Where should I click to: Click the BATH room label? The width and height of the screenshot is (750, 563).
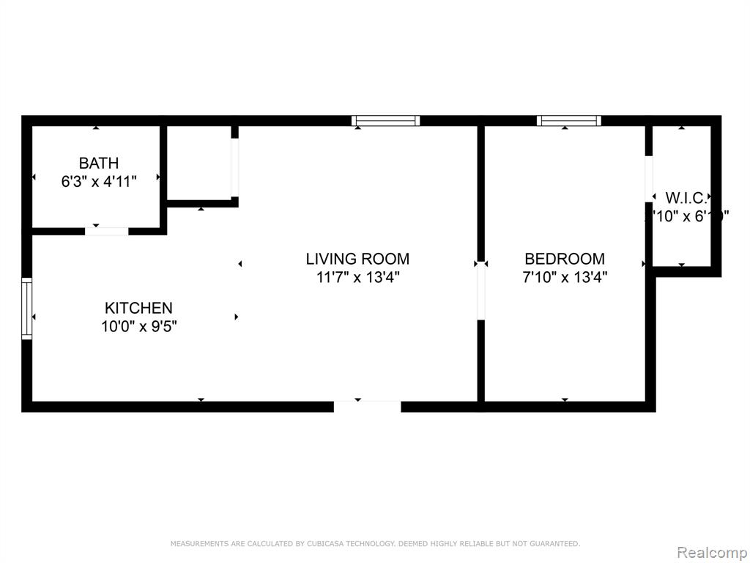(98, 163)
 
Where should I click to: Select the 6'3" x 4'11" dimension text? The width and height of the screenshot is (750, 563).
(98, 181)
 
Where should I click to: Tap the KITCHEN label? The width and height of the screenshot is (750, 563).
(138, 308)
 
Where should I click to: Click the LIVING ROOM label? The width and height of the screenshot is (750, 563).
(357, 259)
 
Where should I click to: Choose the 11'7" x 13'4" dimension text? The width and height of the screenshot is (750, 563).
(357, 277)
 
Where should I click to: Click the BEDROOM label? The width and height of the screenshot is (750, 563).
(565, 259)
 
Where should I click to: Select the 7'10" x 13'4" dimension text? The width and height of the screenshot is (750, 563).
(565, 277)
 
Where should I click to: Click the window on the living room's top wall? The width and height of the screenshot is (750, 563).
(385, 121)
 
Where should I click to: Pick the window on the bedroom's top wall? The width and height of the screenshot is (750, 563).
(569, 121)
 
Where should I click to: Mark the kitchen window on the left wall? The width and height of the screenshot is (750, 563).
(27, 309)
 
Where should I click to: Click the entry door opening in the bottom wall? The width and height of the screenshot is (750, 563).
(367, 406)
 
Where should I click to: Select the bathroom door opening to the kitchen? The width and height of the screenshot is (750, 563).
(107, 231)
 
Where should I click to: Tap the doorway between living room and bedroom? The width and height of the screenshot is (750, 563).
(480, 293)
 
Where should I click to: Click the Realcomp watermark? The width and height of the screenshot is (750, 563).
(710, 551)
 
